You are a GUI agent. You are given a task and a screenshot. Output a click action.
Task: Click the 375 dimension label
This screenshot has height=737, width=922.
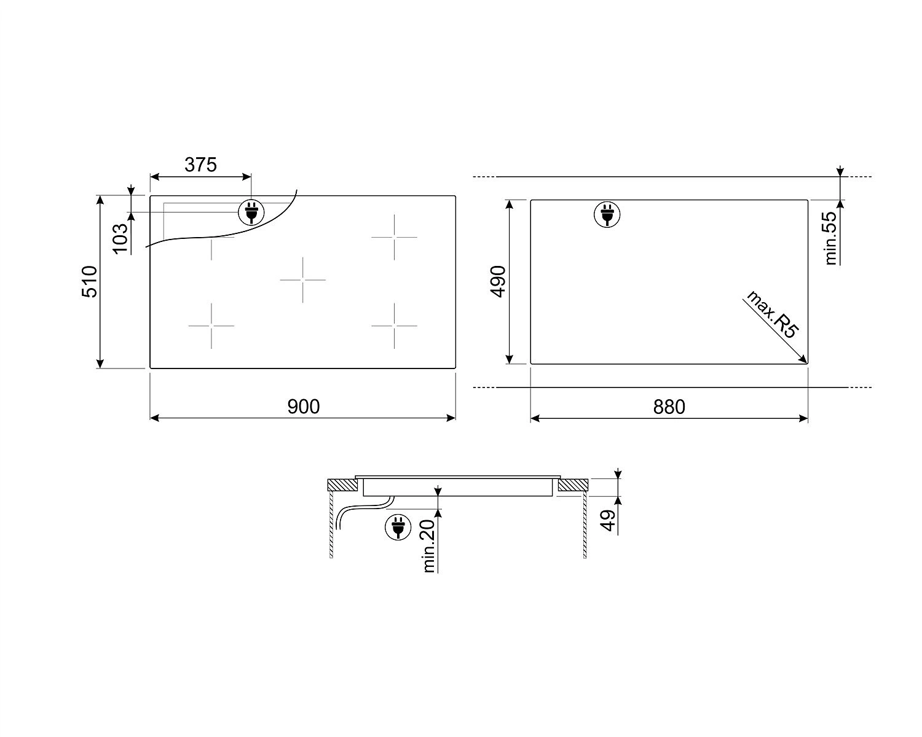pos(200,165)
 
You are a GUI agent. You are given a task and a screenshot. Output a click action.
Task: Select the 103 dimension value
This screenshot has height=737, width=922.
pos(120,238)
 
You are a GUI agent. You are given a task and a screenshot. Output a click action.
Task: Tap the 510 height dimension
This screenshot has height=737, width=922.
pos(90,281)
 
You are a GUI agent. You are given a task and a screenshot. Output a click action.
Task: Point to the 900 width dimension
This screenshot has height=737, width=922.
pos(303,407)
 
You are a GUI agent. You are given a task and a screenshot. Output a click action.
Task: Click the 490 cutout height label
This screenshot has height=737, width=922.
pos(498,281)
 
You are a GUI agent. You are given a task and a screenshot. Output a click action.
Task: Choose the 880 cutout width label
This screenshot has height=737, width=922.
pos(669,407)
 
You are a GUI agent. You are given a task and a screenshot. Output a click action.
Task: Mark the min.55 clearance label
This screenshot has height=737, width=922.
pos(831,238)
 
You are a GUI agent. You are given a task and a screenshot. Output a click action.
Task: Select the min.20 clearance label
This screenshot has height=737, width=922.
pos(429,546)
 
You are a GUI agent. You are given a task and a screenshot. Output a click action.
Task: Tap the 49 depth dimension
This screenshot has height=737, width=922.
pos(609,520)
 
